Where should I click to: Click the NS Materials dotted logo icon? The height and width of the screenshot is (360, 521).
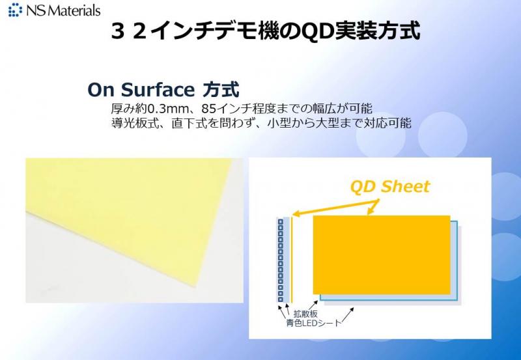coord(15,10)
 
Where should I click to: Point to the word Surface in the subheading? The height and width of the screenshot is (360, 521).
coord(158,90)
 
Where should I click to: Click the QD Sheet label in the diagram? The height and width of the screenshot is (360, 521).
coord(390,187)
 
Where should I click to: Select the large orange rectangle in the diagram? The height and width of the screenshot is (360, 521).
coord(382,255)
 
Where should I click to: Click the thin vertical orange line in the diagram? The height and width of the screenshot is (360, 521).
coord(292,259)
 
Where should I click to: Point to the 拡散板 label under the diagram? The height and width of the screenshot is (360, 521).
coord(305,314)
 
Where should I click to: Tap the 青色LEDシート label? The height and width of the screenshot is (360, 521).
coord(314,323)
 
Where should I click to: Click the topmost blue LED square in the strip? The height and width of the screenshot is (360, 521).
coord(281,222)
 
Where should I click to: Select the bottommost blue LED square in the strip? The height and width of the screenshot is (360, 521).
coord(281,299)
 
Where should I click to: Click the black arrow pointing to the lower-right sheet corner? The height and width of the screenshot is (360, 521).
coord(346,315)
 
